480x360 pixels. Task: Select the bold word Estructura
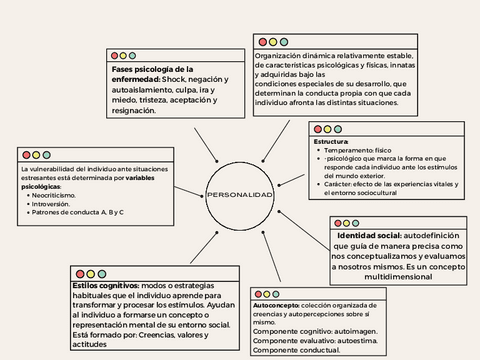coord(330,141)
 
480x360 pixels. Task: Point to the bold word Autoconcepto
coord(275,304)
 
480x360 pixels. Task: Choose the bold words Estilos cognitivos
coord(105,285)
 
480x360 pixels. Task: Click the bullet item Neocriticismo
coord(60,194)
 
